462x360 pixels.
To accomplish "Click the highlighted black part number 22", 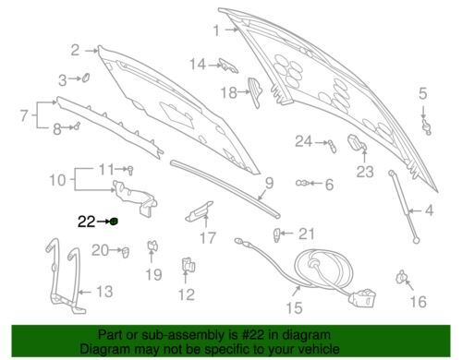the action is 86,222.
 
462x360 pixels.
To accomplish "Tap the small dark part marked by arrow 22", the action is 115,222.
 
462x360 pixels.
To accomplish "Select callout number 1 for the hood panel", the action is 216,30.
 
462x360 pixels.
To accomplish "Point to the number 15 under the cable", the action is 294,307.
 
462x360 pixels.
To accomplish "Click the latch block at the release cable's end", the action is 363,297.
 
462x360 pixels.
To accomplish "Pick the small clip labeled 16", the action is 401,276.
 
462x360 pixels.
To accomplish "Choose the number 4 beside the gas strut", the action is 429,210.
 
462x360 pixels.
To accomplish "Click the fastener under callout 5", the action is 427,126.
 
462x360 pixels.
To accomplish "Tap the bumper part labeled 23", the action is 357,142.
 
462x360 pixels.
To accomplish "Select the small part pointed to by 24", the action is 333,146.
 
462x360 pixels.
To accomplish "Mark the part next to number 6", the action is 302,183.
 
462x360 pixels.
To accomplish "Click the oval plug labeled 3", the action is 86,77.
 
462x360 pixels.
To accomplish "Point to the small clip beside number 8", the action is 76,126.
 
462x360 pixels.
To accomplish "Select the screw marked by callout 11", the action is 130,170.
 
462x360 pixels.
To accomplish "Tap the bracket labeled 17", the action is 199,211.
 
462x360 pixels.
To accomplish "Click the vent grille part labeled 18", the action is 255,92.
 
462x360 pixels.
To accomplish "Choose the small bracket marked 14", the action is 228,66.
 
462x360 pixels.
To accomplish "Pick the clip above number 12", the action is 188,265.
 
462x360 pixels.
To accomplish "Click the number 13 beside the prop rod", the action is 104,291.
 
